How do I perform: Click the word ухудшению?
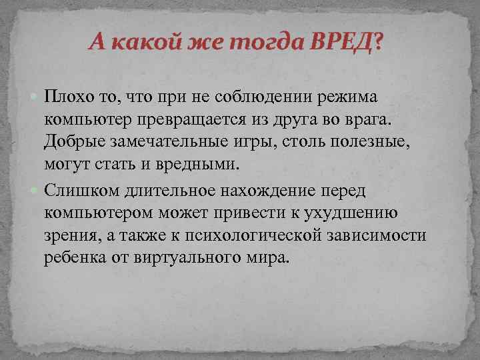351,214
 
